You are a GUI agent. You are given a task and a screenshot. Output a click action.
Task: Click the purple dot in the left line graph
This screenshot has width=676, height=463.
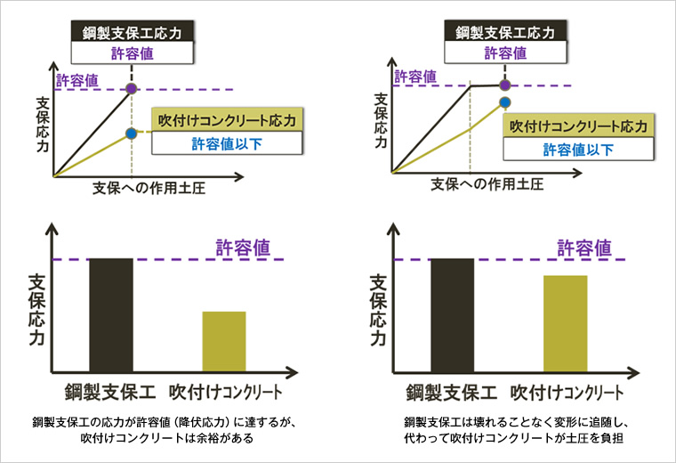[132, 88]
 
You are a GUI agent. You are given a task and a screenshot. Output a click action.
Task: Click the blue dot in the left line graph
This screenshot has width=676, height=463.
[132, 134]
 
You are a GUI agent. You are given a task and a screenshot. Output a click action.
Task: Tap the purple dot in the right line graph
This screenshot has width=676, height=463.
[505, 85]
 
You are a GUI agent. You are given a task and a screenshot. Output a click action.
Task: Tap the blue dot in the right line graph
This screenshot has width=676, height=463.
[505, 103]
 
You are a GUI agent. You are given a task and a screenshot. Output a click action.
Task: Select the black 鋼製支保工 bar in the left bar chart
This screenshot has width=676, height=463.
[111, 314]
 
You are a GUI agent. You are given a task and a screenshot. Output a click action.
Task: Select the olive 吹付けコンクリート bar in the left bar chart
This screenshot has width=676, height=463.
[224, 341]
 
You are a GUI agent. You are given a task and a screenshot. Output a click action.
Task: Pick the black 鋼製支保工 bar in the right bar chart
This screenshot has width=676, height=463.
[453, 314]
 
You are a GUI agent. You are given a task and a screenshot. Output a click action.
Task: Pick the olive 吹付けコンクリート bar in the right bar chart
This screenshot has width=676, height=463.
[566, 323]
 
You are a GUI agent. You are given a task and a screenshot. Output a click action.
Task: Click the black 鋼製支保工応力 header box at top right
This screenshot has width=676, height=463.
[505, 33]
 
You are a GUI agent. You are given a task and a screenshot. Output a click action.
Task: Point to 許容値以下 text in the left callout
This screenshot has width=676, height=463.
[228, 143]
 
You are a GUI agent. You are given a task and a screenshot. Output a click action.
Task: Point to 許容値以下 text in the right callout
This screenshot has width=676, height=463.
[577, 147]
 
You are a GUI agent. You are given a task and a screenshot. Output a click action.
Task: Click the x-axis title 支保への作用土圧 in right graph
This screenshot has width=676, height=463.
[487, 183]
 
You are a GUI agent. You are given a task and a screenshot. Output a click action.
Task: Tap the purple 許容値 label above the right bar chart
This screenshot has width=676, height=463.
[584, 247]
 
